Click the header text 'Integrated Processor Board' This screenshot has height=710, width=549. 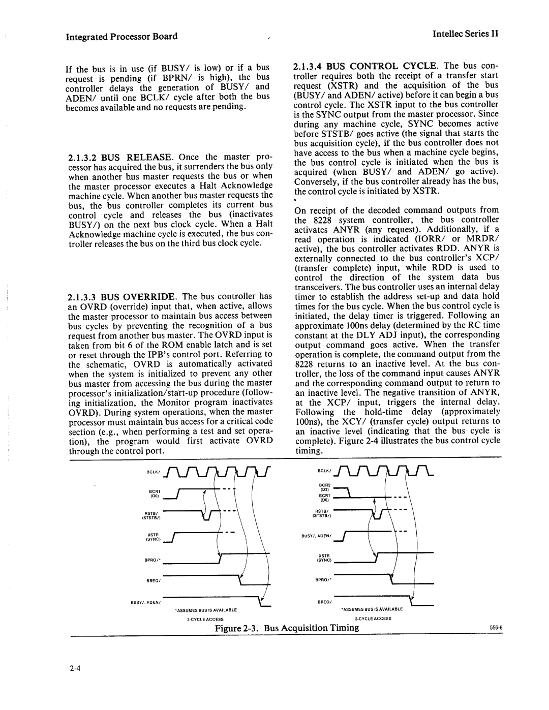coord(123,36)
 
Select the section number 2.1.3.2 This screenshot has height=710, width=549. coord(85,157)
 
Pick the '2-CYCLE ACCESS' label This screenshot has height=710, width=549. coord(374,619)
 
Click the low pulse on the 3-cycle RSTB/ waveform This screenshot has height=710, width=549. coord(205,518)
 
